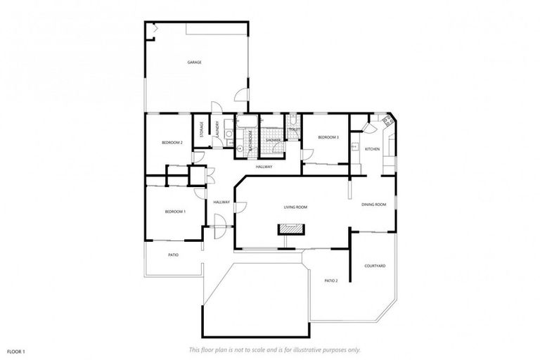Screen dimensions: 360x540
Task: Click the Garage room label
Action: pyautogui.click(x=195, y=63)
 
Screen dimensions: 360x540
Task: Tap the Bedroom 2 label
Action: pyautogui.click(x=172, y=143)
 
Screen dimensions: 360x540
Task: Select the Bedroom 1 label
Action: pyautogui.click(x=175, y=212)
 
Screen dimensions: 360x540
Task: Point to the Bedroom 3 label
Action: pyautogui.click(x=328, y=137)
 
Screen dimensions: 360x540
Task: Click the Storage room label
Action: pyautogui.click(x=202, y=130)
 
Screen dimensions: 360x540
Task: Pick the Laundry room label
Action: pyautogui.click(x=218, y=130)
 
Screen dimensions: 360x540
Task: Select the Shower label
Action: pyautogui.click(x=274, y=140)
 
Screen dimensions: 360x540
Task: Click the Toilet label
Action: pyautogui.click(x=295, y=129)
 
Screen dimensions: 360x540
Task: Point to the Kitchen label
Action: pyautogui.click(x=372, y=149)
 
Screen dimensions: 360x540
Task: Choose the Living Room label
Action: pyautogui.click(x=296, y=207)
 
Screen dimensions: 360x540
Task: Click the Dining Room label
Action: pyautogui.click(x=374, y=205)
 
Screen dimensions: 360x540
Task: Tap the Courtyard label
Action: pyautogui.click(x=375, y=266)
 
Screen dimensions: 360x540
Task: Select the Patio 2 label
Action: pyautogui.click(x=331, y=281)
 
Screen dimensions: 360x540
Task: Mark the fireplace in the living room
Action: pyautogui.click(x=290, y=229)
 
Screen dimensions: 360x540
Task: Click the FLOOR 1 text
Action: pyautogui.click(x=16, y=350)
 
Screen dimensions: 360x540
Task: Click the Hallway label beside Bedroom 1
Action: pyautogui.click(x=222, y=202)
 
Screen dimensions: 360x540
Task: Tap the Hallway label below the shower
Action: pyautogui.click(x=264, y=167)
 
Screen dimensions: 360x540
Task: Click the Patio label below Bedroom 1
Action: pyautogui.click(x=174, y=255)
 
